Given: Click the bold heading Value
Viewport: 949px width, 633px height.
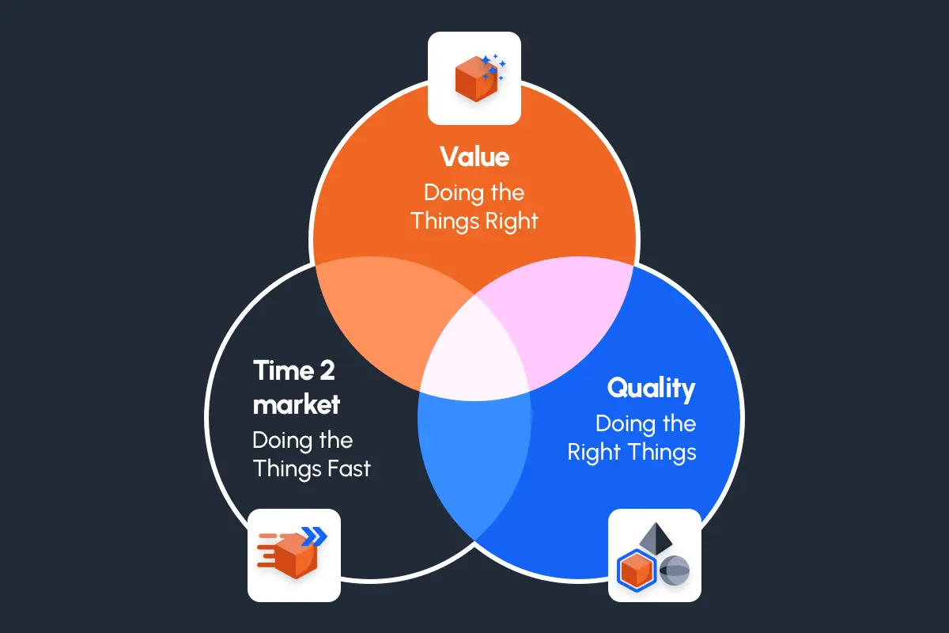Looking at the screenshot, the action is (x=475, y=157).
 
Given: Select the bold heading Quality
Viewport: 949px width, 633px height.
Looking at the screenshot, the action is (x=651, y=389).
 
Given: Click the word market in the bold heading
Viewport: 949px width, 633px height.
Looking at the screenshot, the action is (x=297, y=404).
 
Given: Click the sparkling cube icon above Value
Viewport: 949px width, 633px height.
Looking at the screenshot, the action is (x=474, y=77).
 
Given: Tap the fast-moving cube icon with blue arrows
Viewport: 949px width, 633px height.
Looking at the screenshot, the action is (x=293, y=555).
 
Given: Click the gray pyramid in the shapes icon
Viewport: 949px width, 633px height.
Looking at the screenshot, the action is (x=655, y=538).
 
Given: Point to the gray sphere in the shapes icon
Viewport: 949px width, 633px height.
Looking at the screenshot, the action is (x=675, y=570).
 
